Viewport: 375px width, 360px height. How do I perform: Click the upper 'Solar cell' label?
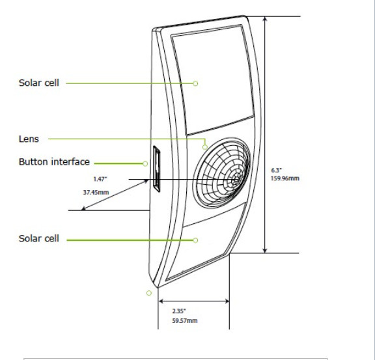tap(39, 83)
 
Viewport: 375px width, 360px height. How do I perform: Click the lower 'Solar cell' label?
tap(39, 238)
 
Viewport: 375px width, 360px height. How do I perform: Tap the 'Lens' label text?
tap(29, 139)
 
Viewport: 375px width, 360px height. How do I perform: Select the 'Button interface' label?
tap(54, 161)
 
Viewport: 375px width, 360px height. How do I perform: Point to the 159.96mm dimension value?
tap(285, 178)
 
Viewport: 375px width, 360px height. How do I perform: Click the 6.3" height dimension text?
tap(276, 171)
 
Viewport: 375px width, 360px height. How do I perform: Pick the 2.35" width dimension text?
tap(179, 311)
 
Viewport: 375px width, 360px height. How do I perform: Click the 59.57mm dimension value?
tap(185, 320)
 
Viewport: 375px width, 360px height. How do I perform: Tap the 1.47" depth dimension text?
tap(100, 179)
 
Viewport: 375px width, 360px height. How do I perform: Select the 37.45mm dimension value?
tap(96, 192)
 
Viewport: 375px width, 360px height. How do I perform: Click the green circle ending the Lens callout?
tap(205, 147)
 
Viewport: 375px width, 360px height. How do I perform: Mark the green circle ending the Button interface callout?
tap(145, 163)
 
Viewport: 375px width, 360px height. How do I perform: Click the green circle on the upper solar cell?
tap(195, 83)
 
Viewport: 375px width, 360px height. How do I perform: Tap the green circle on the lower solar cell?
tap(195, 240)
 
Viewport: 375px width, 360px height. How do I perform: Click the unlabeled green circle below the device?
tap(148, 293)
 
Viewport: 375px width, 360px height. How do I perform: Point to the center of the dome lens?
tap(236, 180)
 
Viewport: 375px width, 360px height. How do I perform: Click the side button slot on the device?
tap(156, 169)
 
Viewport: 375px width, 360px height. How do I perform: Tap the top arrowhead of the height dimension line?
tap(265, 19)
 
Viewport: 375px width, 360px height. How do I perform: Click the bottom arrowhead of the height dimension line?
tap(265, 250)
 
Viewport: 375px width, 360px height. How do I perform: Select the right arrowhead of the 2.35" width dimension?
tap(227, 301)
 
